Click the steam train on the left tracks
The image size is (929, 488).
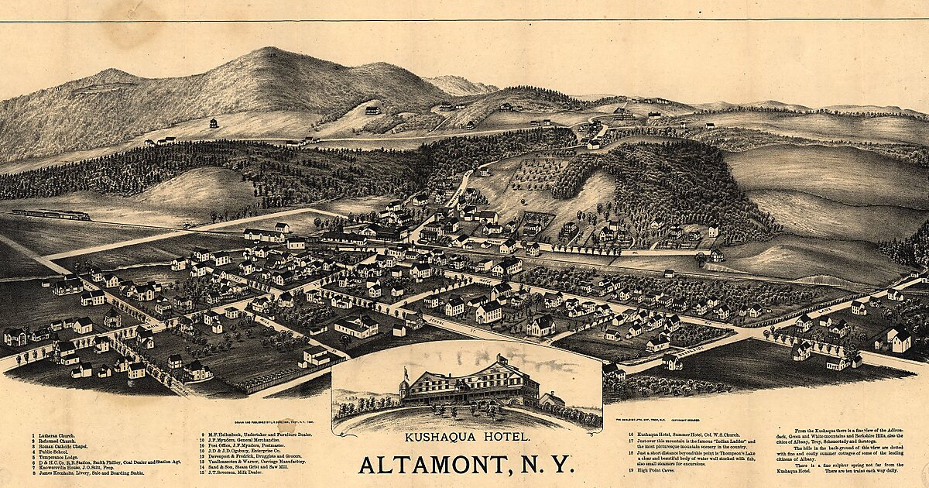[x=51, y=215]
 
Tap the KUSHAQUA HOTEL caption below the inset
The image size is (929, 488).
[x=468, y=438]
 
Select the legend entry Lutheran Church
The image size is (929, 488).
[x=55, y=436]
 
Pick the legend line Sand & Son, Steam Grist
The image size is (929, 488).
[x=241, y=467]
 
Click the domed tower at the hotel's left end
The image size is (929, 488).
[x=405, y=385]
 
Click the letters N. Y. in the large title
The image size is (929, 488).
[x=546, y=466]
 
